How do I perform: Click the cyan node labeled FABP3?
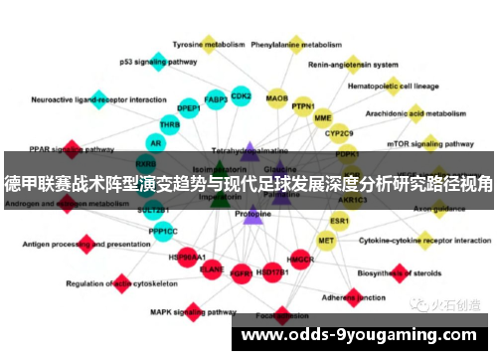pyautogui.click(x=215, y=99)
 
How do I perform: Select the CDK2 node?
pyautogui.click(x=241, y=96)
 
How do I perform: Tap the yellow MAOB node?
pyautogui.click(x=277, y=98)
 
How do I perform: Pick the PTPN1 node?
pyautogui.click(x=303, y=106)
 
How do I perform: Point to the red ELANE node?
pyautogui.click(x=212, y=268)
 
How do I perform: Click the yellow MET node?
pyautogui.click(x=326, y=240)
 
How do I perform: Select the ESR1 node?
pyautogui.click(x=340, y=220)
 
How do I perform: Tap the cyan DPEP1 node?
pyautogui.click(x=188, y=107)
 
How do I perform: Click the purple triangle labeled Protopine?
pyautogui.click(x=252, y=213)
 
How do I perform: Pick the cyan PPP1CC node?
pyautogui.click(x=163, y=231)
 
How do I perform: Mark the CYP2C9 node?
pyautogui.click(x=339, y=131)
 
